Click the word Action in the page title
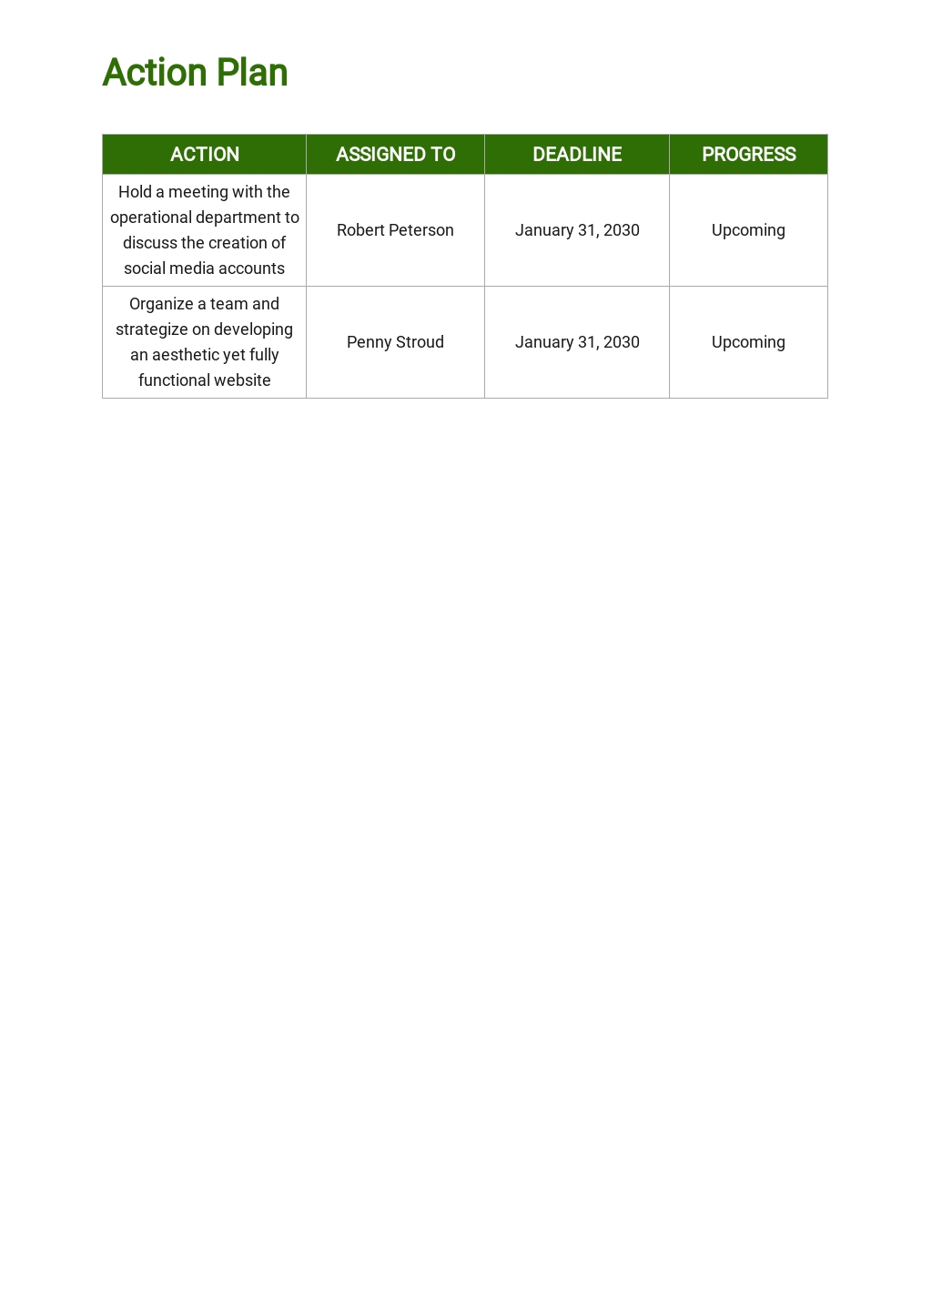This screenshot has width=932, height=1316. (156, 73)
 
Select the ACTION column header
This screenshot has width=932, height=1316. (205, 155)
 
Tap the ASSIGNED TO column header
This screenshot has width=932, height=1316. (395, 155)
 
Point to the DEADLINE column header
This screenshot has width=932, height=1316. (577, 155)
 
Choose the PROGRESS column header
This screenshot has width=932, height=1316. (748, 155)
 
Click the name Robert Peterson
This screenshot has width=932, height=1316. (395, 230)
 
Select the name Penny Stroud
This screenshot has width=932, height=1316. (395, 342)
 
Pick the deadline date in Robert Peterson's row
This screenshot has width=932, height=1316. (577, 230)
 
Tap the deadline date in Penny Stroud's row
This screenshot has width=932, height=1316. (577, 342)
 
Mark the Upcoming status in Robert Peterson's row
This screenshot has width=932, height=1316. (748, 230)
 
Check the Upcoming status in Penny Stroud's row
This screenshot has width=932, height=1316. (748, 342)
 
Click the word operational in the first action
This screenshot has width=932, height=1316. (151, 218)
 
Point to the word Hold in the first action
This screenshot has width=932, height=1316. (135, 192)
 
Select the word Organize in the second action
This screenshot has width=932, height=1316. (161, 304)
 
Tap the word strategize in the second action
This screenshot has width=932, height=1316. (151, 329)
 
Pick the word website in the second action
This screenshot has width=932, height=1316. (240, 380)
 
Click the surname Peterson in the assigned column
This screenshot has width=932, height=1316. (421, 230)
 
